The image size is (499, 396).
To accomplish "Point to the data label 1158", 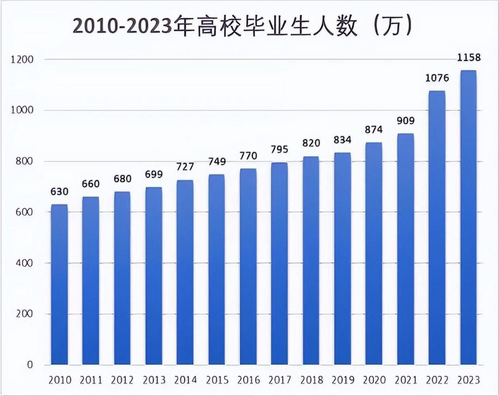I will tap(468, 58).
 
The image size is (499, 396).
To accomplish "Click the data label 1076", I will tap(437, 78).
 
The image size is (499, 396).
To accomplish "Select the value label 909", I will tap(405, 121).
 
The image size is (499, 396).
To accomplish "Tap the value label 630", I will tap(59, 192).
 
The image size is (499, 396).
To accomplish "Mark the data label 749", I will tap(216, 162).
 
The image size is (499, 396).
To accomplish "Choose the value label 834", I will tap(342, 140).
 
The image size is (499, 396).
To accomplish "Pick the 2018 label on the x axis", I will tap(311, 380).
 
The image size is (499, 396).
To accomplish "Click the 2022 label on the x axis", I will tap(437, 380).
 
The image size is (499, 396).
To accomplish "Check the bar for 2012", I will tap(122, 278).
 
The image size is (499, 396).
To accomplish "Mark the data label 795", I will tap(279, 150).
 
